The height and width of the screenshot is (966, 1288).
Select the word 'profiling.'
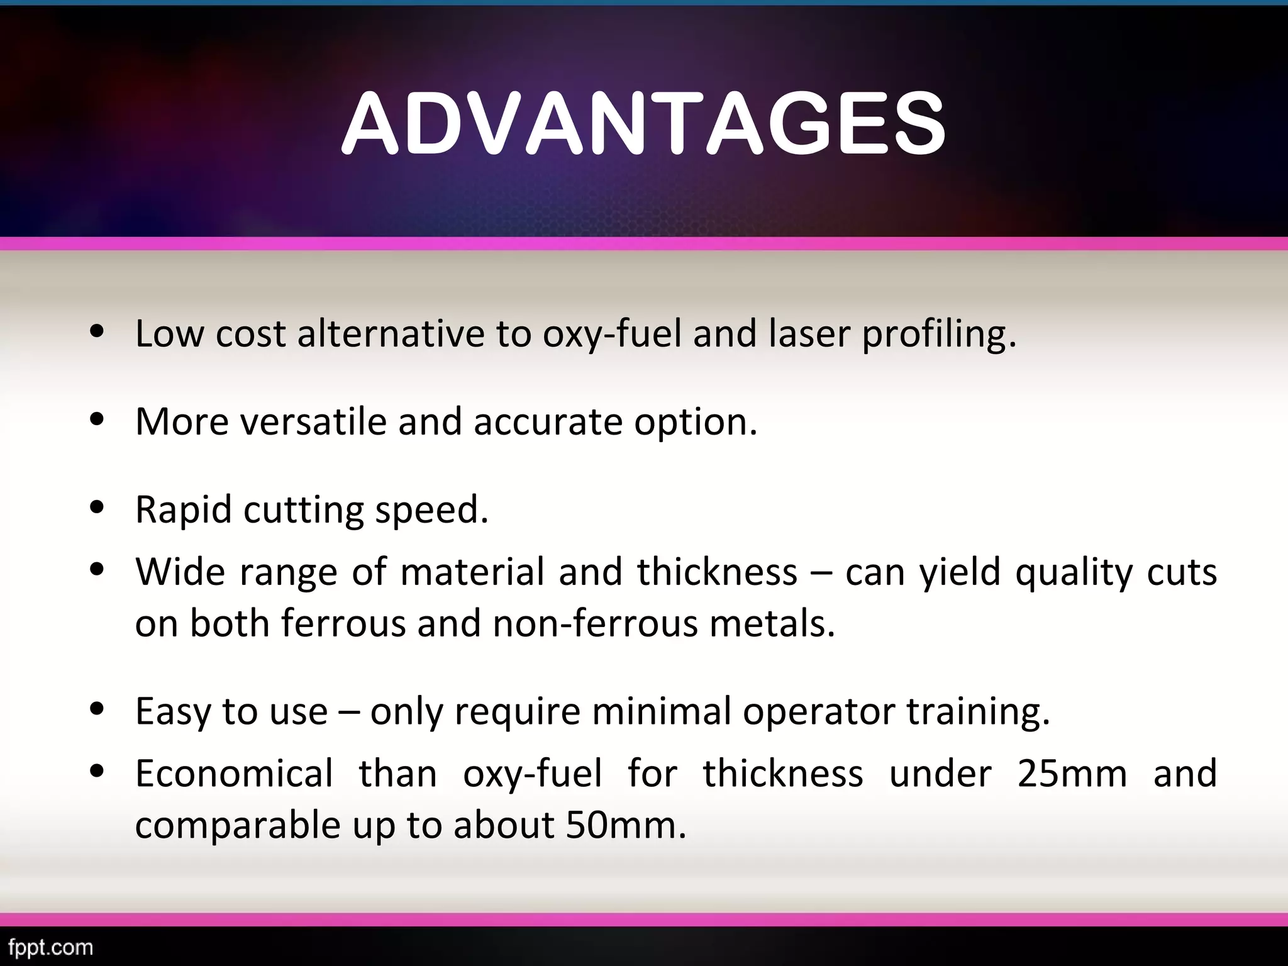pyautogui.click(x=939, y=335)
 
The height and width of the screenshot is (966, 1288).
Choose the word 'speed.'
pyautogui.click(x=431, y=510)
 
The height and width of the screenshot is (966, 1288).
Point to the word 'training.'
pyautogui.click(x=979, y=712)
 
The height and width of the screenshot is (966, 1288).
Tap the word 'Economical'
pyautogui.click(x=234, y=773)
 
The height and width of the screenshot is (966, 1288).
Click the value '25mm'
pyautogui.click(x=1072, y=773)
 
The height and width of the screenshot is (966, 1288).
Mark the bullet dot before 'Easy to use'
pyautogui.click(x=97, y=709)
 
